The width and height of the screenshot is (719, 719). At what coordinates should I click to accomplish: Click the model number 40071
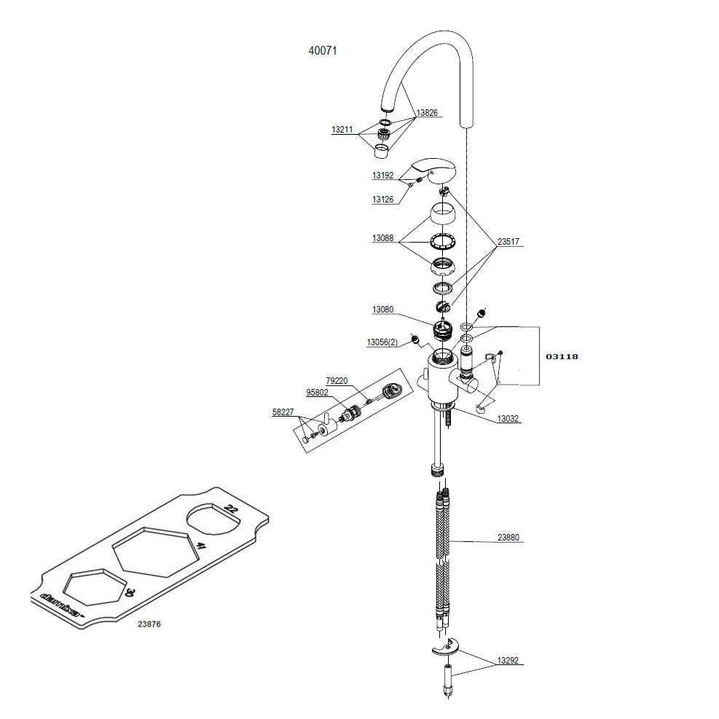[x=322, y=51]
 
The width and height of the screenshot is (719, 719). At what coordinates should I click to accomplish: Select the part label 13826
[x=428, y=113]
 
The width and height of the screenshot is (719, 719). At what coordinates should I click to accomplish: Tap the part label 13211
[x=342, y=130]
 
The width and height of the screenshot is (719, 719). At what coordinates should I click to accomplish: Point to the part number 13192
[x=382, y=176]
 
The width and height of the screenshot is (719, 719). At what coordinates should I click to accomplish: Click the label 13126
[x=382, y=199]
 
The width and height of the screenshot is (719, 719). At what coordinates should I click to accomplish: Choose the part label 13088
[x=382, y=238]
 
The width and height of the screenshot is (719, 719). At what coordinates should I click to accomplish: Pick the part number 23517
[x=509, y=242]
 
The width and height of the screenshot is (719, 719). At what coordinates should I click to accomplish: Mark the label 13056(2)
[x=382, y=342]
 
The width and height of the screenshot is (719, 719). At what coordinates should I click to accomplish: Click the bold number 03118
[x=562, y=356]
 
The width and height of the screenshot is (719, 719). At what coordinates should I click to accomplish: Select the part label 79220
[x=337, y=380]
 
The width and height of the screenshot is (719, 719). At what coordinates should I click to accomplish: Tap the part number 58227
[x=283, y=412]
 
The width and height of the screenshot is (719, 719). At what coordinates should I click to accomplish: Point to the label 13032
[x=508, y=419]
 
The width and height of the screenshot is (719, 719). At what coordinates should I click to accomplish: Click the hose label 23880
[x=508, y=538]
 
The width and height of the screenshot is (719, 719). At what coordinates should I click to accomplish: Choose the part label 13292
[x=508, y=661]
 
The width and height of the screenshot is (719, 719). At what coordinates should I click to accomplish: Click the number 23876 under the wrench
[x=149, y=624]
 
